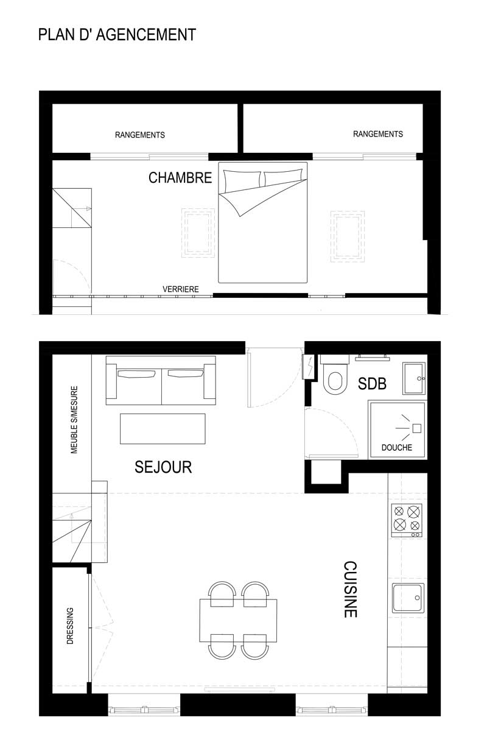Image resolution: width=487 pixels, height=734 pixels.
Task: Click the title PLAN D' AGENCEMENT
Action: click(117, 34)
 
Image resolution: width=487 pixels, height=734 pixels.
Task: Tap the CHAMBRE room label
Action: click(180, 178)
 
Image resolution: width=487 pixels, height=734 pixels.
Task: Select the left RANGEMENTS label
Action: click(140, 135)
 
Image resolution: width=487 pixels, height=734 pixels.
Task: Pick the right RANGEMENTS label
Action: click(378, 134)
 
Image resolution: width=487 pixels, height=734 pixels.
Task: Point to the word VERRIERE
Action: click(181, 289)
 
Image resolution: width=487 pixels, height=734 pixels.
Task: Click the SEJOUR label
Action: click(163, 467)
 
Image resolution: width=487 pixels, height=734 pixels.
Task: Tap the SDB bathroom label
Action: click(372, 384)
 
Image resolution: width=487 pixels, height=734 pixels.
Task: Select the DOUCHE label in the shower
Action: click(397, 448)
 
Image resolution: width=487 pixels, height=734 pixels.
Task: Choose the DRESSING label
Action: click(70, 626)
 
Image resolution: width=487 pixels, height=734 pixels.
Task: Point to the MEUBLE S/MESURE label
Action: click(74, 420)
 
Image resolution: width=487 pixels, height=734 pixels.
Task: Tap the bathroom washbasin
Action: click(414, 378)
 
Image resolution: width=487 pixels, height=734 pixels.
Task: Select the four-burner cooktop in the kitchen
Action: click(407, 520)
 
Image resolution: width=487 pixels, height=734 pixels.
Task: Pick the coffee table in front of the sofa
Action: click(163, 429)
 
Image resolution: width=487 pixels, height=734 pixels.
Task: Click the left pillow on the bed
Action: click(242, 180)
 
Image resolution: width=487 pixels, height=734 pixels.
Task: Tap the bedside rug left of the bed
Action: click(198, 233)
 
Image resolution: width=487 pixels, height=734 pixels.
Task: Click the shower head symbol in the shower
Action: click(416, 428)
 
